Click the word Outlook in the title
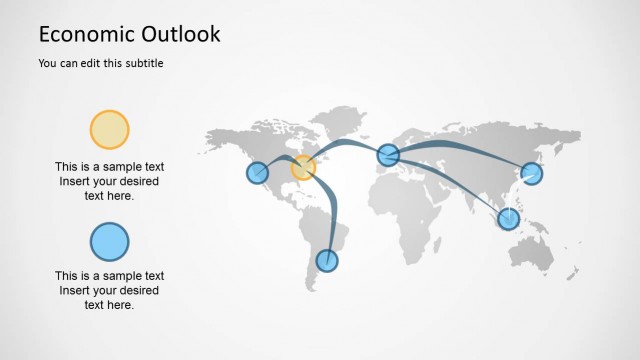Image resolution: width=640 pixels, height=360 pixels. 181,34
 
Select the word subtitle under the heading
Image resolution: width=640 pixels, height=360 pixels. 142,64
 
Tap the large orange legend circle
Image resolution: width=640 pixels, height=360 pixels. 110,130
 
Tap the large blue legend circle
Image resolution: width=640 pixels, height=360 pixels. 110,241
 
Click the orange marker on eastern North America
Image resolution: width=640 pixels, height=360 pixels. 303,167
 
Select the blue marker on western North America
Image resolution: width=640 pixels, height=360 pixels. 258,172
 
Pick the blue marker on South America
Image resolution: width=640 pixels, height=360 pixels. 326,261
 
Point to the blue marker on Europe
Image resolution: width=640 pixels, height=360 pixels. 388,154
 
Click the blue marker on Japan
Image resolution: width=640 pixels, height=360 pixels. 531,173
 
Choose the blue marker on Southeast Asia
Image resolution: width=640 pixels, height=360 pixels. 509,218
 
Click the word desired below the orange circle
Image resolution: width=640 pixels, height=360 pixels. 135,182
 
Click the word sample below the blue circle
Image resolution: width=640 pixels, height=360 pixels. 113,276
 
